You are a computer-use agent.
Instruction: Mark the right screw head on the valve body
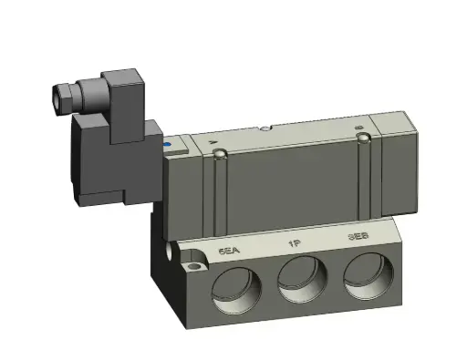[364, 139]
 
